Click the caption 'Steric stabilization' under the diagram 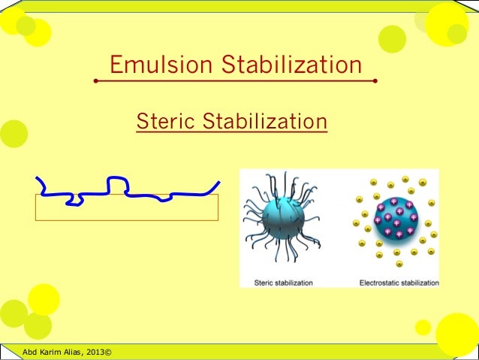click(284, 283)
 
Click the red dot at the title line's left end click(96, 80)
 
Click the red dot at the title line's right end click(375, 80)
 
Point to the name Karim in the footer click(50, 351)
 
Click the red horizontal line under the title click(235, 80)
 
